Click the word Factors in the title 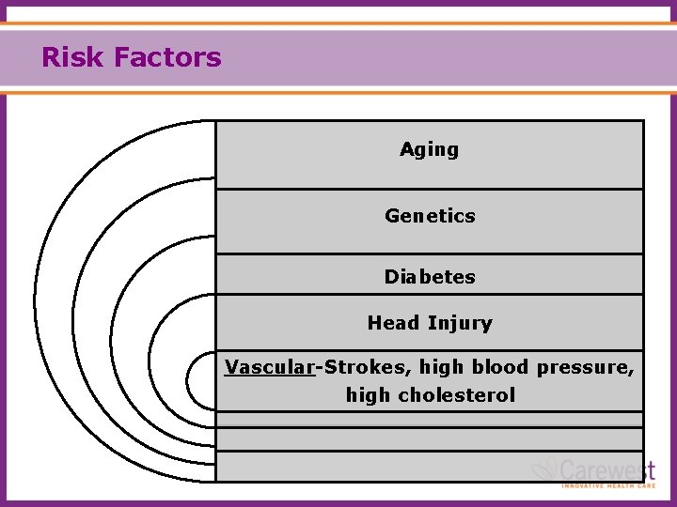point(167,58)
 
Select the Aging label point(429,149)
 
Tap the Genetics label point(430,216)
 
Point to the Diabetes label point(430,277)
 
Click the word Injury point(460,324)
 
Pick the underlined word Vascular point(268,367)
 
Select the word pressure point(585,367)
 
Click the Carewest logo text point(606,469)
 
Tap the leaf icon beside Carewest point(545,468)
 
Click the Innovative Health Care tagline point(607,485)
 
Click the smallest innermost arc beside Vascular point(188,379)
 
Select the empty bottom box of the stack point(429,466)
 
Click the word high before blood point(442,367)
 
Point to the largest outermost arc point(35,300)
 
